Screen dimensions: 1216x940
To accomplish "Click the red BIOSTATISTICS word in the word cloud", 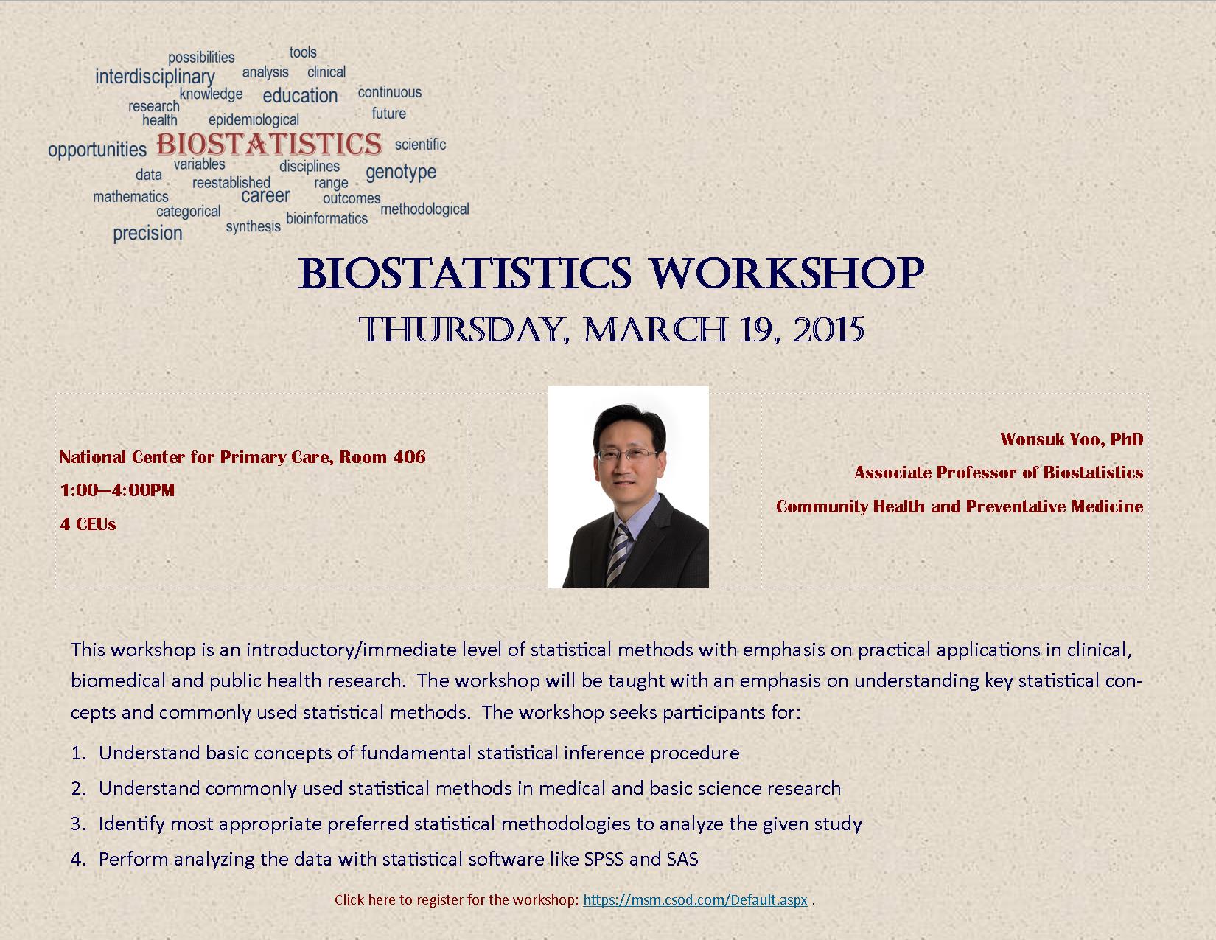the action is click(x=269, y=144).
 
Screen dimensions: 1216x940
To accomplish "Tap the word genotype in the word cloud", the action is click(x=401, y=173).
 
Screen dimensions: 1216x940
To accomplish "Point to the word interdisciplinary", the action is click(x=155, y=77).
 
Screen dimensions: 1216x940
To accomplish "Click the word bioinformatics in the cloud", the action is click(x=326, y=218).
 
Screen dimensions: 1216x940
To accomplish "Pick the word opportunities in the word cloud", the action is click(x=97, y=150).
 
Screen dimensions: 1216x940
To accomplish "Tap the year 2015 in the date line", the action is click(x=828, y=330).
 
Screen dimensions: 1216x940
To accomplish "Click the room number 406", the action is click(x=409, y=457).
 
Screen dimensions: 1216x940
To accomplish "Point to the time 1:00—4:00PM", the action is click(x=117, y=490).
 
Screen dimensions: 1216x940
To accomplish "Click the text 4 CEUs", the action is click(x=88, y=524).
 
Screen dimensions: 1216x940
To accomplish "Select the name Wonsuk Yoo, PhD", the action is click(x=1072, y=439).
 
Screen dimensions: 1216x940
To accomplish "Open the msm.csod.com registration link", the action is click(x=695, y=899).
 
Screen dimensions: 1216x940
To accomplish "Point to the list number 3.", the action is click(x=77, y=824).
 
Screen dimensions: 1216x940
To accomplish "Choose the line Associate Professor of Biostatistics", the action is click(x=999, y=473).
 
